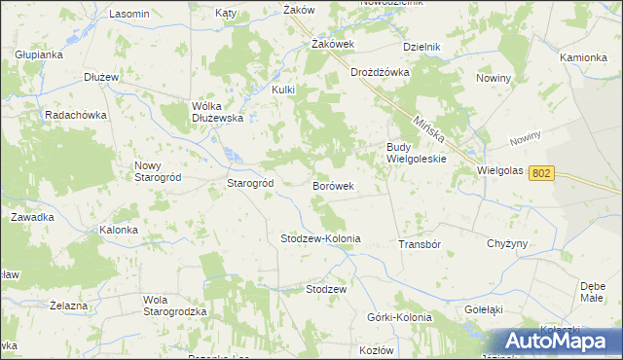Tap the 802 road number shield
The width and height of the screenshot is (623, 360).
[542, 172]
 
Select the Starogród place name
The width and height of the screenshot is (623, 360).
[249, 183]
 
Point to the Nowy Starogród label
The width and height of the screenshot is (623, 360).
[154, 171]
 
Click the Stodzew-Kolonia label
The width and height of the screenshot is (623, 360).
[320, 238]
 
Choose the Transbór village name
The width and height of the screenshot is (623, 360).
[421, 244]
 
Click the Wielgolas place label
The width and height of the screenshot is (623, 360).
[500, 170]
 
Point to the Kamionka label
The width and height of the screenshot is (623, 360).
[583, 57]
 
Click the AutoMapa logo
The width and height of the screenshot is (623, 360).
[558, 342]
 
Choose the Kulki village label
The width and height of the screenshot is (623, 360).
[282, 90]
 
